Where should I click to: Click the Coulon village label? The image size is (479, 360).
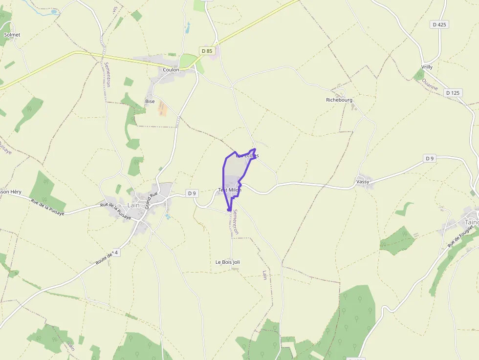pyautogui.click(x=171, y=70)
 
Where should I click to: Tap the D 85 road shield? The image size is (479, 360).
pyautogui.click(x=207, y=51)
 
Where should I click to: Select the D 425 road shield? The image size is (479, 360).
pyautogui.click(x=440, y=24)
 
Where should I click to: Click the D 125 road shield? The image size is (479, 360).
pyautogui.click(x=453, y=93)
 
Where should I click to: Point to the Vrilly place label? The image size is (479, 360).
pyautogui.click(x=427, y=67)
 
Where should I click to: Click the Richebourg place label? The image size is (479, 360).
pyautogui.click(x=339, y=100)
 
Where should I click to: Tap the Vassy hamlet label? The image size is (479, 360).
pyautogui.click(x=363, y=182)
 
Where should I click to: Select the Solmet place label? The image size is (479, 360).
pyautogui.click(x=12, y=35)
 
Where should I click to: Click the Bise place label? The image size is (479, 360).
pyautogui.click(x=150, y=102)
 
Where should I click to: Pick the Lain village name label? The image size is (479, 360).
pyautogui.click(x=133, y=206)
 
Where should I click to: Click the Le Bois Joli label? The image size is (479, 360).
pyautogui.click(x=228, y=262)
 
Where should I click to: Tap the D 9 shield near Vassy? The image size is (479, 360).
pyautogui.click(x=430, y=158)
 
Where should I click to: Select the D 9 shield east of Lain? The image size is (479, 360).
pyautogui.click(x=192, y=193)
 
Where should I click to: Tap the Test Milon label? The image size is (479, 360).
pyautogui.click(x=230, y=190)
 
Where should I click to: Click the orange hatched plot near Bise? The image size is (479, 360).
pyautogui.click(x=162, y=108)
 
